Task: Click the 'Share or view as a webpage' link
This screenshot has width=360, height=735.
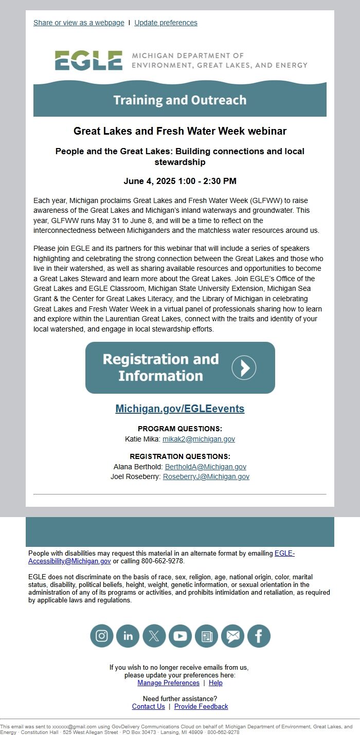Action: (79, 23)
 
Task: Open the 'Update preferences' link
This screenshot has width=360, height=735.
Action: (166, 23)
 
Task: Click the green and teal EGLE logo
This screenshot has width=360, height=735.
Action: (89, 61)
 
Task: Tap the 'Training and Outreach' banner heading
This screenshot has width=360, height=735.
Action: (180, 100)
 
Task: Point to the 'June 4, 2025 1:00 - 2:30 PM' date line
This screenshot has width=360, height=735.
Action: (180, 181)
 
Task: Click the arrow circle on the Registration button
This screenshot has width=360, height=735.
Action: (244, 367)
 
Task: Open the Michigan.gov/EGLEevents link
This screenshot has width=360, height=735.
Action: (180, 409)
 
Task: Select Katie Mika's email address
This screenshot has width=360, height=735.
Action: (199, 439)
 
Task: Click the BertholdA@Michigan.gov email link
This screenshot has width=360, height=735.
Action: (206, 467)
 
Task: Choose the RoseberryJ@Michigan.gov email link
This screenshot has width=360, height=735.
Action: (206, 476)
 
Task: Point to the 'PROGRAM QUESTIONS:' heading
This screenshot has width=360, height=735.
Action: (180, 429)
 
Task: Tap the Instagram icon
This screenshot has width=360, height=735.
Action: (102, 636)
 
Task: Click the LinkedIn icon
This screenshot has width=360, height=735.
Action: (128, 636)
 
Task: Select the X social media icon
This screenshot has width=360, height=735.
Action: (154, 636)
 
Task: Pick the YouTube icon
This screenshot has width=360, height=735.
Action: (180, 636)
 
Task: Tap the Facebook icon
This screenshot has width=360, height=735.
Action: (259, 636)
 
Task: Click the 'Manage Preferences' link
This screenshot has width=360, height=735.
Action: (168, 683)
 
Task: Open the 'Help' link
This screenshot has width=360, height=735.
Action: (215, 683)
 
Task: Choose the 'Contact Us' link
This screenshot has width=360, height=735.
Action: (149, 706)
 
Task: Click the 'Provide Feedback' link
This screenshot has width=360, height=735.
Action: (201, 706)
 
